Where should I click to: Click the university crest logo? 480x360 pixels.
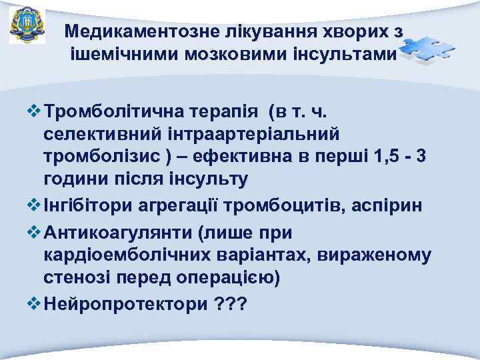pyautogui.click(x=27, y=26)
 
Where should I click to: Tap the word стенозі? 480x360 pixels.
pyautogui.click(x=73, y=278)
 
